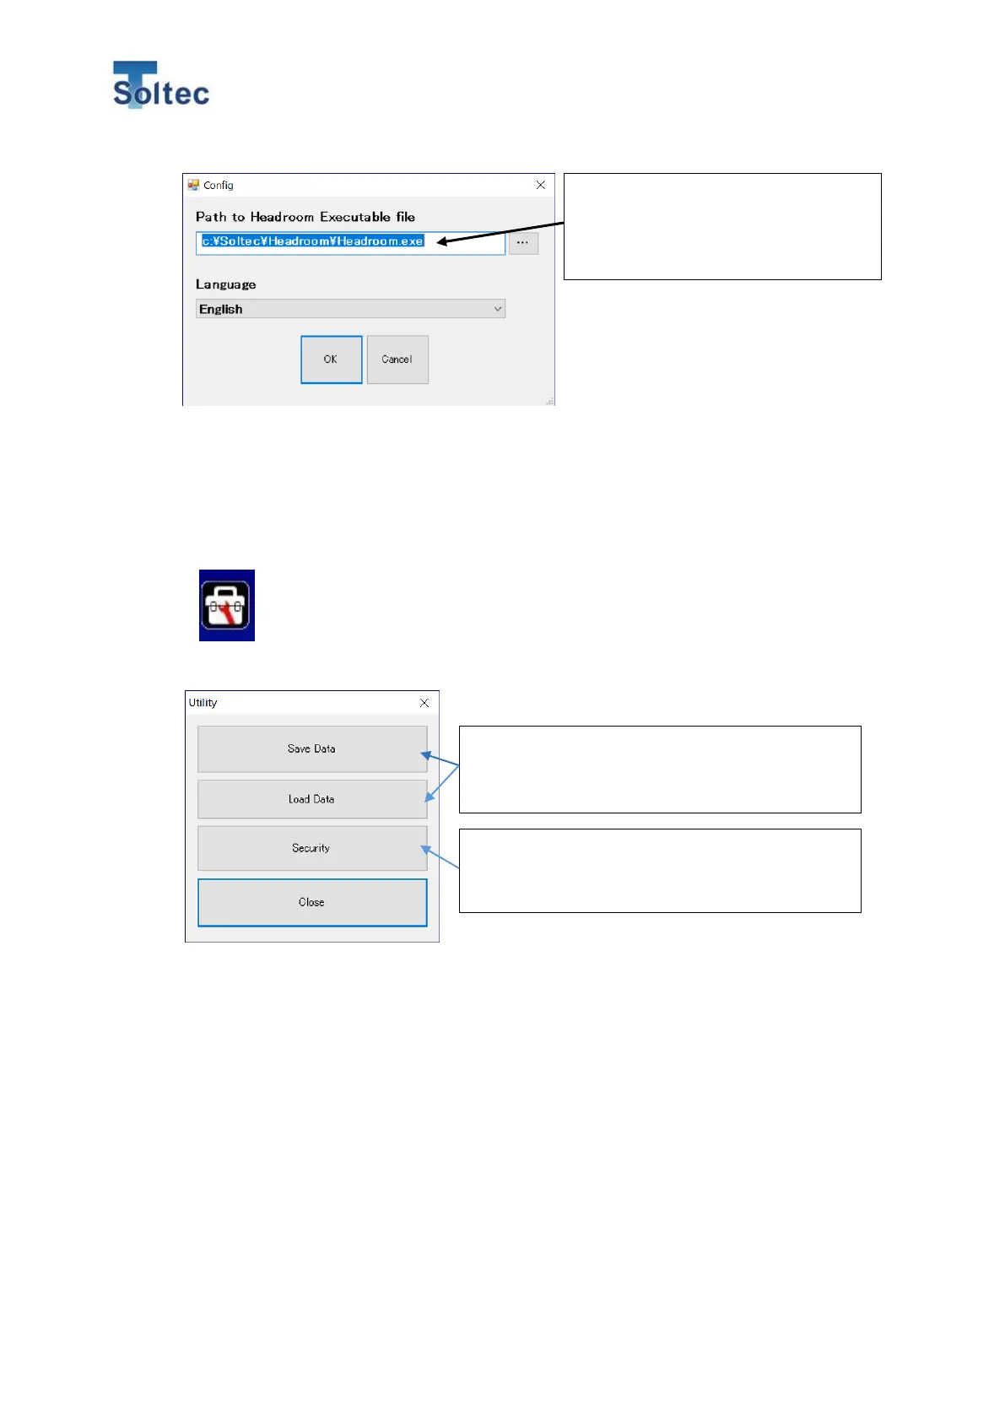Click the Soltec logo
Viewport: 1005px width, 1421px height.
pos(160,85)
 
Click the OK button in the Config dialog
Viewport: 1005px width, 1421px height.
pos(331,359)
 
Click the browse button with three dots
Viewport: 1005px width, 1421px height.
pos(523,243)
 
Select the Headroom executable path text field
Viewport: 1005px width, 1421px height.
pos(350,242)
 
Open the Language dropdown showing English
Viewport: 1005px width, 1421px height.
pos(350,309)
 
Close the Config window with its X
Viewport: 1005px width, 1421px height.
pos(541,185)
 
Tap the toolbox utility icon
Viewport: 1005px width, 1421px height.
pos(226,605)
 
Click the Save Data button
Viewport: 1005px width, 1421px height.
pos(312,748)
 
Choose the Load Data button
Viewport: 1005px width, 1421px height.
pos(312,799)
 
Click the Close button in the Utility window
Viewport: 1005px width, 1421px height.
pos(312,902)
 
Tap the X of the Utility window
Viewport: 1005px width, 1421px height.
pos(424,703)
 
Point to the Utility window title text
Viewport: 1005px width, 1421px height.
pos(203,703)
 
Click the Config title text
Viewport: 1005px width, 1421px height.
pos(219,186)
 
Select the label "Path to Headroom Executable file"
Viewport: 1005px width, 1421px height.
pos(305,217)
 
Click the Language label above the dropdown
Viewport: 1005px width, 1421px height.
pos(225,284)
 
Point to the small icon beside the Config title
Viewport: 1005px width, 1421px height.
pos(193,185)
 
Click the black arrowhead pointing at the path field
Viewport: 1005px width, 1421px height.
pos(442,242)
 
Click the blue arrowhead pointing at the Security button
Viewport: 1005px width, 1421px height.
pos(426,850)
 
